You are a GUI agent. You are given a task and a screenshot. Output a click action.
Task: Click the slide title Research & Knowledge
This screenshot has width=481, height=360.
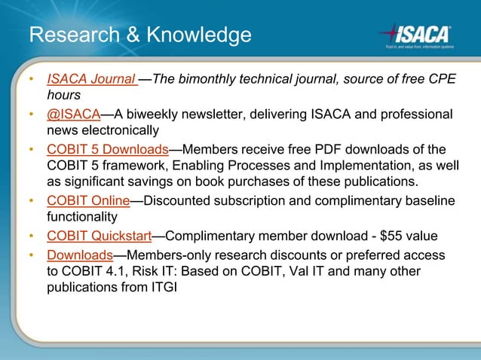point(139,35)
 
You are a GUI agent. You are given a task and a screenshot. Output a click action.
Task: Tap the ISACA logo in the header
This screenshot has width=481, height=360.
point(416,34)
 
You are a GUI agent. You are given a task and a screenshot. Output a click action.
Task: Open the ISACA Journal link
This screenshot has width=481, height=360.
point(91,79)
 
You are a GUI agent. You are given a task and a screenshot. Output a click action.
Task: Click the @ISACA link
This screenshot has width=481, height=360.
point(74,114)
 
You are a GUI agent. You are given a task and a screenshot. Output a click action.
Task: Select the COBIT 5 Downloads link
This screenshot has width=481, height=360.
point(107,148)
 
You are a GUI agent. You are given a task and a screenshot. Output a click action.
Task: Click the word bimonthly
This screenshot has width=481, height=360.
point(213,79)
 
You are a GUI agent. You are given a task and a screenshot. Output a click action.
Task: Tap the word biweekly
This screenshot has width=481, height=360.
point(151,114)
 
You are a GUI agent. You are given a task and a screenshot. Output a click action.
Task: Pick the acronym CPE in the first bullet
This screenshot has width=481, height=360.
point(440,79)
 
